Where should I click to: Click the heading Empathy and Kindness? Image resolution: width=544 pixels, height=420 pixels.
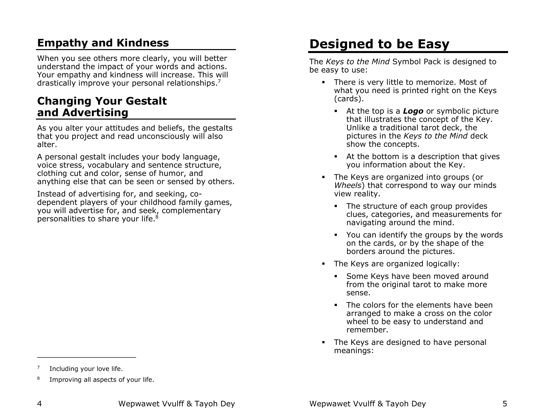pyautogui.click(x=103, y=43)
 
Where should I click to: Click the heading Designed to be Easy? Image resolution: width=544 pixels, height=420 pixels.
pyautogui.click(x=379, y=44)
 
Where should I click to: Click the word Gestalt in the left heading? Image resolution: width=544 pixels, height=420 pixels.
pyautogui.click(x=147, y=101)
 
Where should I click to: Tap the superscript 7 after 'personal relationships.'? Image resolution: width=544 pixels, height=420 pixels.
pyautogui.click(x=219, y=81)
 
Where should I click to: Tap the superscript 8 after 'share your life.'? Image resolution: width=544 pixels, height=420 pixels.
pyautogui.click(x=157, y=217)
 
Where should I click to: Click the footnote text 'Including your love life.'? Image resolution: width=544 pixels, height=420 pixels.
pyautogui.click(x=86, y=369)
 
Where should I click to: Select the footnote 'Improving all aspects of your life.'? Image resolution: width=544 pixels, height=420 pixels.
pyautogui.click(x=102, y=379)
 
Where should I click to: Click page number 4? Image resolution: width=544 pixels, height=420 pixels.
pyautogui.click(x=39, y=404)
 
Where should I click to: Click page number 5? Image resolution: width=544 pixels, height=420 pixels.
pyautogui.click(x=505, y=404)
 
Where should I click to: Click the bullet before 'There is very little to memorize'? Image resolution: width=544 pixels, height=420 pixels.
pyautogui.click(x=324, y=82)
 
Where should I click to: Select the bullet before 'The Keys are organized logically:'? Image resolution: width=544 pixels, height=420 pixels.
pyautogui.click(x=324, y=264)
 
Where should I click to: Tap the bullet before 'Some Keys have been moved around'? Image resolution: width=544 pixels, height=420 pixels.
pyautogui.click(x=336, y=276)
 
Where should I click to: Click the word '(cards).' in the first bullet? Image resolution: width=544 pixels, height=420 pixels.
pyautogui.click(x=349, y=99)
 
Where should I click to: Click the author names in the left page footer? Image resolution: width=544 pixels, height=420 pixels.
pyautogui.click(x=176, y=404)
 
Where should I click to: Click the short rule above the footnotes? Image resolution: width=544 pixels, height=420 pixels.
pyautogui.click(x=86, y=357)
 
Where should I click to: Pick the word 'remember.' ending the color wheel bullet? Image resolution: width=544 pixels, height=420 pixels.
pyautogui.click(x=367, y=330)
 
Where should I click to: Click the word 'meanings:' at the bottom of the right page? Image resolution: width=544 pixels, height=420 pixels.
pyautogui.click(x=354, y=350)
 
